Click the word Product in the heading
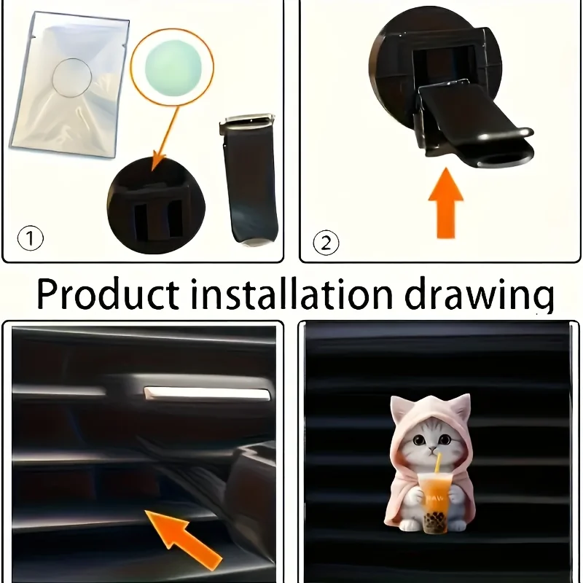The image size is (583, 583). pos(108,294)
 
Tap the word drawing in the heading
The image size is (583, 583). pos(480,297)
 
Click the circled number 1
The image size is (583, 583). pos(31,238)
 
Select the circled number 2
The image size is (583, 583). pos(326,243)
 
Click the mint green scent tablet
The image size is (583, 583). pos(173,68)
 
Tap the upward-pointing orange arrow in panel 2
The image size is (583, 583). pos(446,203)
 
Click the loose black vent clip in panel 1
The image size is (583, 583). pos(250,179)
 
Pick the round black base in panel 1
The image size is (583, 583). pos(156,206)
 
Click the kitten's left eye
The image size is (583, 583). pos(420,440)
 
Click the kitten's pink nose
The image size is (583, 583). pos(432,450)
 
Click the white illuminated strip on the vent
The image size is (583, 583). pos(207,394)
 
